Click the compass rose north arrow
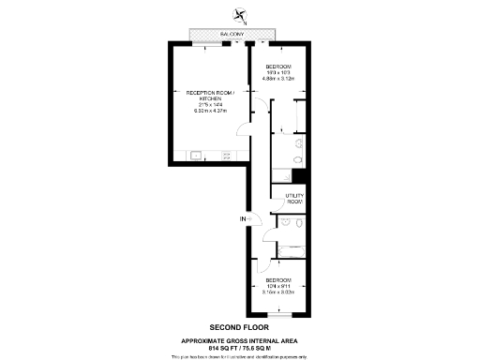tap(241, 15)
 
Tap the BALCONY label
tap(234, 36)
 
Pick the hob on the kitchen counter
tap(226, 156)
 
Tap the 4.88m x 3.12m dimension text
tap(278, 79)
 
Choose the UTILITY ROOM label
tap(293, 200)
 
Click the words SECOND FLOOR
tap(240, 326)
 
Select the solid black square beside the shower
tap(299, 176)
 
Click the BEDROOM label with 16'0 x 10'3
tap(278, 67)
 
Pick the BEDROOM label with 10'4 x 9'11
tap(278, 280)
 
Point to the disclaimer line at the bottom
tap(240, 356)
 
